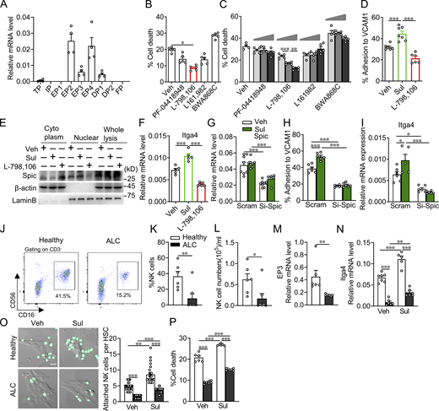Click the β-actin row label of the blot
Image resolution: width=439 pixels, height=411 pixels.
tap(24, 185)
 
